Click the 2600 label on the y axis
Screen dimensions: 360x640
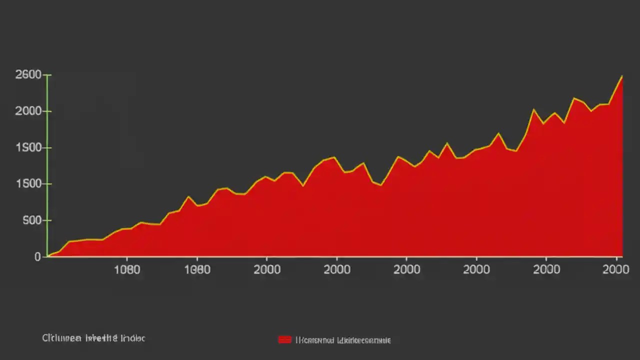[x=28, y=75]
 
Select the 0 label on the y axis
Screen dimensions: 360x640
[x=37, y=257]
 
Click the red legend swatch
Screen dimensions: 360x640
[x=284, y=340]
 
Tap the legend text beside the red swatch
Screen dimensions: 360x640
[x=343, y=340]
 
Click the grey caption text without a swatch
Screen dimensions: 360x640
[x=93, y=338]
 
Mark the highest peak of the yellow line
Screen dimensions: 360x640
[x=622, y=76]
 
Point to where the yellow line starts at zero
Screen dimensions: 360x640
[x=48, y=256]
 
